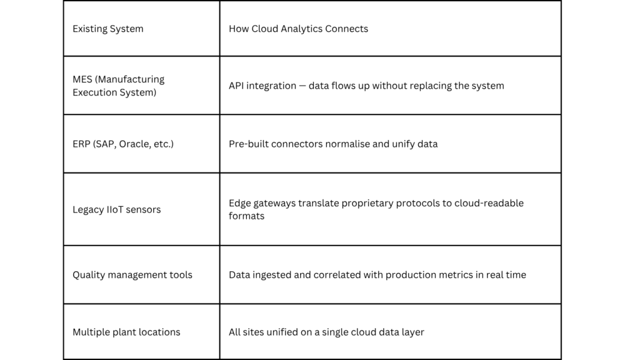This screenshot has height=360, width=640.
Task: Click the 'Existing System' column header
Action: tap(107, 29)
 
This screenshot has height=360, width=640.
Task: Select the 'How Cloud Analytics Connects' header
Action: tap(298, 29)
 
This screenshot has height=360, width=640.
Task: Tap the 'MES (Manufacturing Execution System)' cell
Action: tap(118, 86)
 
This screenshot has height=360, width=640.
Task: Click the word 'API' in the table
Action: tap(236, 86)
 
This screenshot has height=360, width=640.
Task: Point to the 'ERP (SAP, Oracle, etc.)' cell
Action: tap(122, 144)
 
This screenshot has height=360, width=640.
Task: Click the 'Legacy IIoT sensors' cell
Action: tap(116, 209)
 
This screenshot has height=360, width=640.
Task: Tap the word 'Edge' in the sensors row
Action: tap(239, 203)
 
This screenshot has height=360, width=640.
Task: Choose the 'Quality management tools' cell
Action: tap(132, 275)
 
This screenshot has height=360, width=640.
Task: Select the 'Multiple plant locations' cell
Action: tap(126, 332)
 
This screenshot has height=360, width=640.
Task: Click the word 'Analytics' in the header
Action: tap(305, 29)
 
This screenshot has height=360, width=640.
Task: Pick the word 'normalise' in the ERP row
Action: tap(346, 144)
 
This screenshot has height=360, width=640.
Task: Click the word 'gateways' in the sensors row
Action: tap(274, 203)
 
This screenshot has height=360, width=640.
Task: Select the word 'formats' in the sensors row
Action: tap(246, 216)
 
